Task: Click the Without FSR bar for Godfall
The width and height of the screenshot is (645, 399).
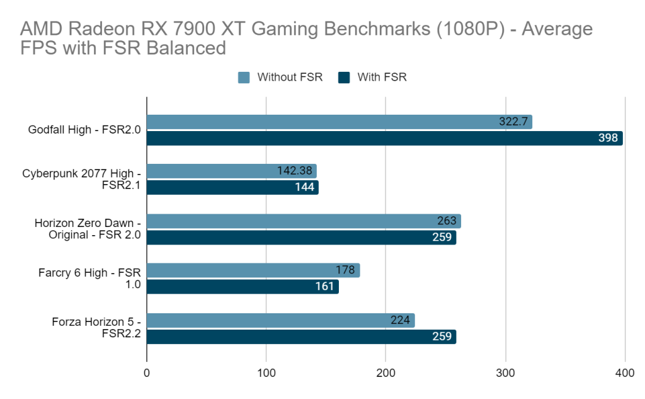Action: tap(339, 122)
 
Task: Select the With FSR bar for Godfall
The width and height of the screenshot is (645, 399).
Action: tap(384, 138)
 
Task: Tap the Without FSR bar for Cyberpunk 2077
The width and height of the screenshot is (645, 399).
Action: tap(231, 171)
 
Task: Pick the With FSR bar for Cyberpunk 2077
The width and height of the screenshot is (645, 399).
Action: tap(232, 187)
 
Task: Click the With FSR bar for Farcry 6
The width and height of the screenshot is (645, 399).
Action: tap(243, 286)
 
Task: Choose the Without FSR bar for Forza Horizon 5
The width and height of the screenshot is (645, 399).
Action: tap(280, 320)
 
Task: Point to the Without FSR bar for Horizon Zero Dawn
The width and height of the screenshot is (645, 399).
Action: tap(304, 221)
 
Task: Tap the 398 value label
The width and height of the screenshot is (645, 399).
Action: tap(608, 138)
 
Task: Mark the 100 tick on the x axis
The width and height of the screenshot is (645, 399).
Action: tap(266, 373)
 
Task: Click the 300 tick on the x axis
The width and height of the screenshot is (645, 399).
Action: tap(505, 373)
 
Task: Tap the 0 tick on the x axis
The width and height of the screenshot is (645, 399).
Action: tap(147, 373)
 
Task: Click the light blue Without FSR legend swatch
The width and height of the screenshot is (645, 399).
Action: tap(244, 78)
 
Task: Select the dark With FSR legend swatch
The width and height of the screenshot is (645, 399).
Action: tap(344, 78)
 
